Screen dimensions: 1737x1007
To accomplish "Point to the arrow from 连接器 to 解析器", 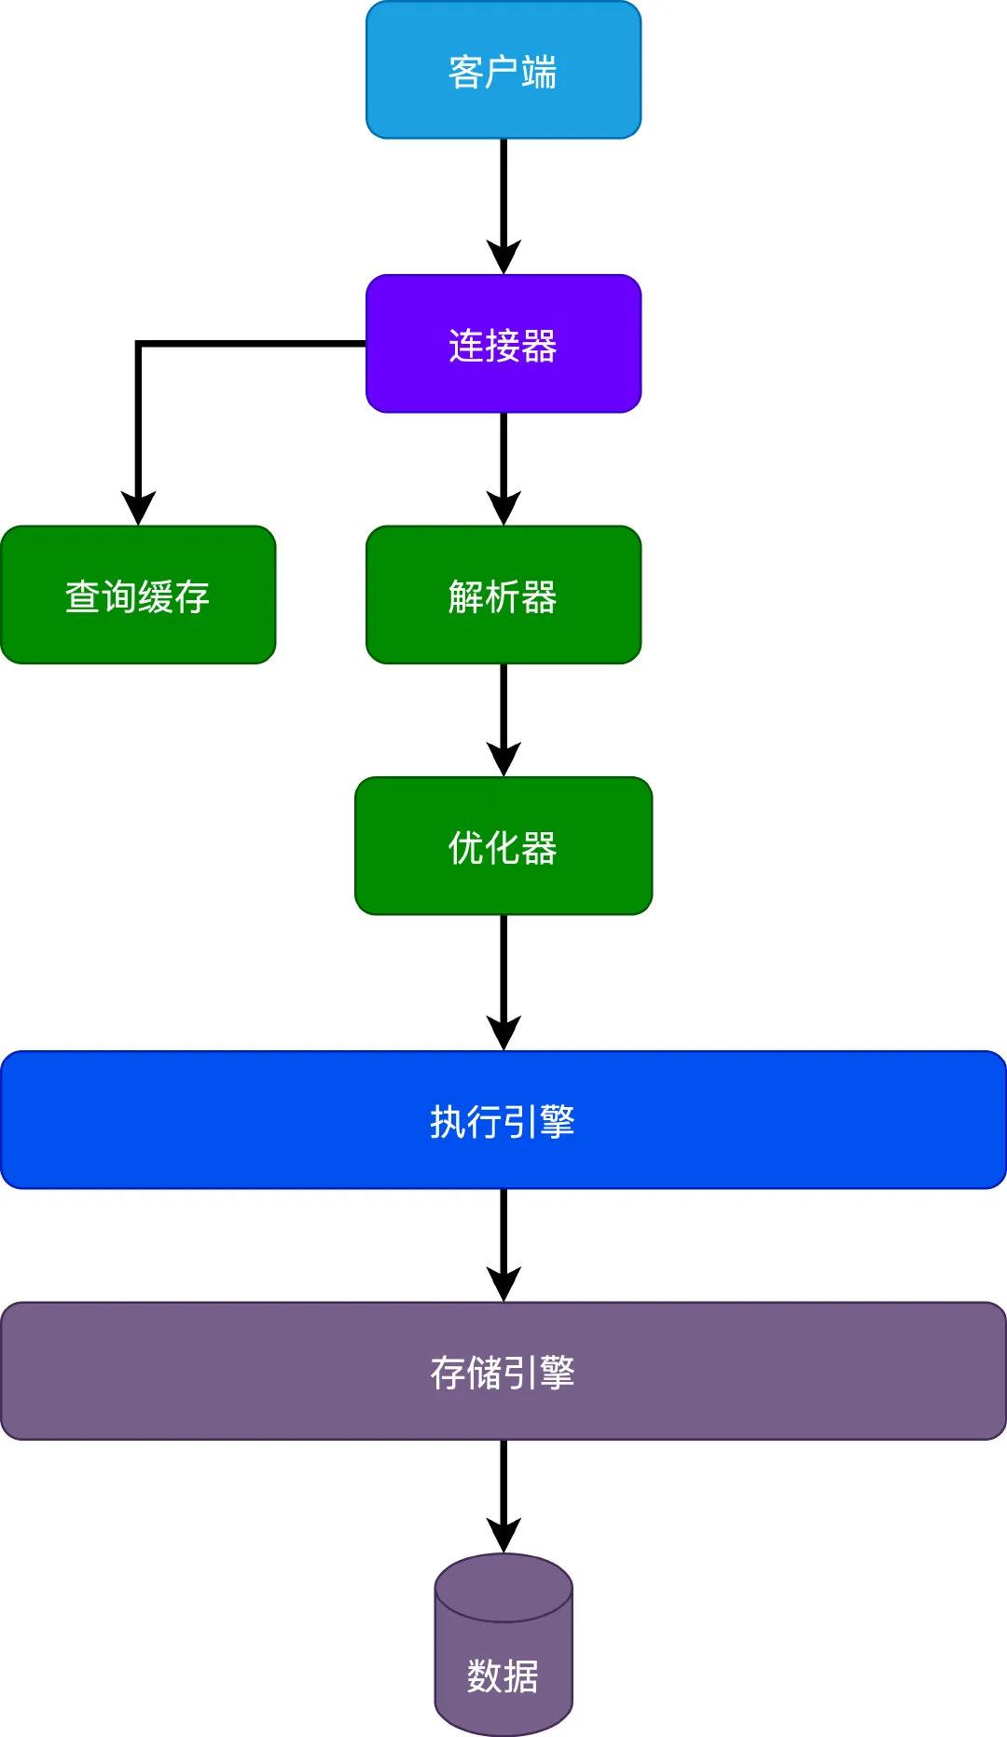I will pyautogui.click(x=504, y=466).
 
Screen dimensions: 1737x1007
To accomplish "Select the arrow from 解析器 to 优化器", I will pyautogui.click(x=504, y=718).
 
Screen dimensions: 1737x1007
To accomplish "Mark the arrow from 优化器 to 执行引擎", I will pyautogui.click(x=504, y=978).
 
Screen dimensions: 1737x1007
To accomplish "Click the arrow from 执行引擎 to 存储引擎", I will pyautogui.click(x=504, y=1244).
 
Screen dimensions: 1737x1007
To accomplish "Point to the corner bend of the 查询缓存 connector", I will pyautogui.click(x=138, y=344).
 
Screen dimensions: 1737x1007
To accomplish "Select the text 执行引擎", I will pyautogui.click(x=504, y=1121).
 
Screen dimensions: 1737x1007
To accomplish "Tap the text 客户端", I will pyautogui.click(x=504, y=72).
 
